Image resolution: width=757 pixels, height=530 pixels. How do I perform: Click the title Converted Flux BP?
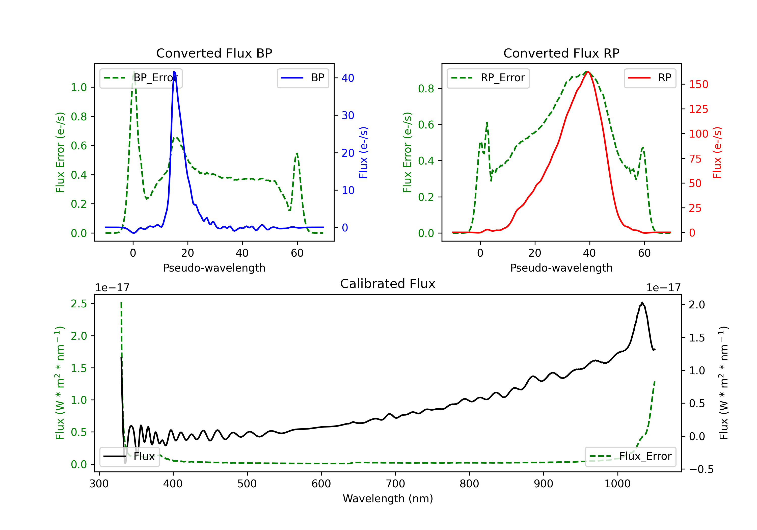tap(214, 53)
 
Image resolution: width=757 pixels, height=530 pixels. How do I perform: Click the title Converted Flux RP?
tap(561, 53)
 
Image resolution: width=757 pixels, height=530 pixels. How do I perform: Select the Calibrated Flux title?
tap(388, 284)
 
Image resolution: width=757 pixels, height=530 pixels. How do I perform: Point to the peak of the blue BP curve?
tap(174, 72)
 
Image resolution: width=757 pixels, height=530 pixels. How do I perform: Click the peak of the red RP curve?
tap(588, 72)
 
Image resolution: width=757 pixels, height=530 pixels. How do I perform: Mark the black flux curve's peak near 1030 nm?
tap(642, 302)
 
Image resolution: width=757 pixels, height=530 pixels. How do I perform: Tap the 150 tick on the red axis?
tap(698, 85)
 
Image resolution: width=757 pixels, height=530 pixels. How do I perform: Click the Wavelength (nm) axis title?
tap(388, 498)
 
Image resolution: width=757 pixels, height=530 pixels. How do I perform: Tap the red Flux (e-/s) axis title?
tap(717, 153)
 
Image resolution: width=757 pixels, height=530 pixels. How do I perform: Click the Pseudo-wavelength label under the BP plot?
tap(214, 268)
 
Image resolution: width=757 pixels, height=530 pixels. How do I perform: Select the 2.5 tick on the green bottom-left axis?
tap(79, 304)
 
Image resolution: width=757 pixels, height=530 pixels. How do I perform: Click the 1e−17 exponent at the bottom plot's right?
tap(663, 288)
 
